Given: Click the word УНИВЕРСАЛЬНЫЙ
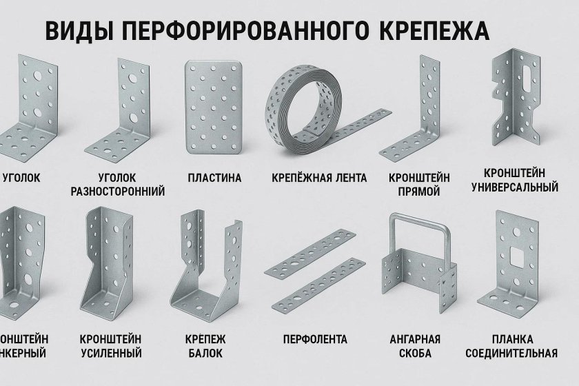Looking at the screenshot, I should pyautogui.click(x=514, y=187).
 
